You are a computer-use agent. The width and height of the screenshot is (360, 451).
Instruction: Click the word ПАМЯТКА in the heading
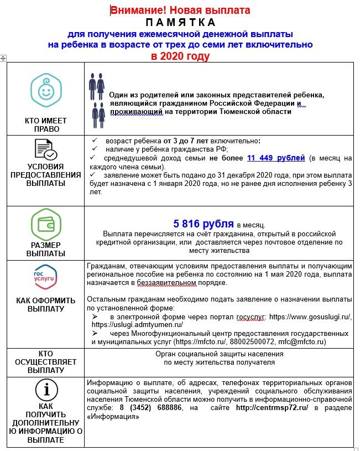pos(180,22)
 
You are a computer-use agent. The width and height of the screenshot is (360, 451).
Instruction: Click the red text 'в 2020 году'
pos(180,56)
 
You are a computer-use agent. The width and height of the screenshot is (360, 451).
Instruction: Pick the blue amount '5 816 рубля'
pos(204,224)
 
